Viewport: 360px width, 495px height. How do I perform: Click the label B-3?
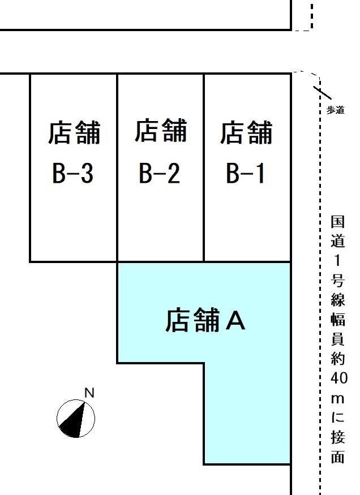(73, 173)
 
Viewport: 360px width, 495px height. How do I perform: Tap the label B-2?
(160, 173)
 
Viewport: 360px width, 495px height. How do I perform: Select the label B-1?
(245, 173)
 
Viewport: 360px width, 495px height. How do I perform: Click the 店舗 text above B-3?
(74, 132)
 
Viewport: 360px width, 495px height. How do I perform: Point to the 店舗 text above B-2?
(161, 130)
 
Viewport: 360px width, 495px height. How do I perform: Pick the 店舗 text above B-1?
(246, 132)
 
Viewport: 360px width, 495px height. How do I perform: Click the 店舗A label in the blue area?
(205, 320)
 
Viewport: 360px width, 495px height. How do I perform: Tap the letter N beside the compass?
(89, 393)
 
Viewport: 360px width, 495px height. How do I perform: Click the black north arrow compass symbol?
(76, 419)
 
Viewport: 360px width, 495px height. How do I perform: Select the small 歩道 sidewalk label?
(335, 110)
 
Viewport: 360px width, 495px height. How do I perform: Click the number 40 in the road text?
(339, 378)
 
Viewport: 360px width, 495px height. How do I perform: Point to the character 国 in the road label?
(337, 222)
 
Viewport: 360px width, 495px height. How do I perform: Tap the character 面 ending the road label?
(337, 457)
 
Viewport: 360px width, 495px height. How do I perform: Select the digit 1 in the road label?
(337, 260)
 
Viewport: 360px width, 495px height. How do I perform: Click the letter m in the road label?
(337, 399)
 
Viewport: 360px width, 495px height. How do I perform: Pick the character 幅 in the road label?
(337, 320)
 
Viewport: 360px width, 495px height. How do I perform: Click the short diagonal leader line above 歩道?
(323, 93)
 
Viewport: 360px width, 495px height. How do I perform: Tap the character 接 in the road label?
(337, 437)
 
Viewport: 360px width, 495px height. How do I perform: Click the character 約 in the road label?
(337, 359)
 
